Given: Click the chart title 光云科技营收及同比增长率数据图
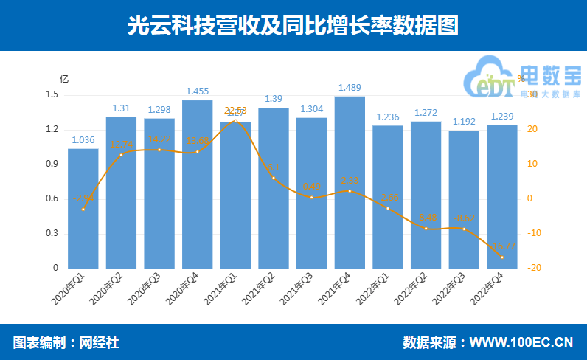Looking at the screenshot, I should coord(293,26).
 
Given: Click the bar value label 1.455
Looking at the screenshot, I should coord(197,91).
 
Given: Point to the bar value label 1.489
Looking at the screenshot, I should coord(350,88).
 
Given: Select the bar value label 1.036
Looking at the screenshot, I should coord(83,140).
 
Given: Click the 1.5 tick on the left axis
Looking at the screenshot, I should coord(52,95).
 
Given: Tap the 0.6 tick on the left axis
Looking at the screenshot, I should coord(52,199).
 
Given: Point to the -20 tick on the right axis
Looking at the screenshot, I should coord(532,269).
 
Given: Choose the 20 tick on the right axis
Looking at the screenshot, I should coord(531,130).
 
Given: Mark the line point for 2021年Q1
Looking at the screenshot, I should coord(235,121).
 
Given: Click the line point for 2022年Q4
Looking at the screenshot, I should coord(502,257).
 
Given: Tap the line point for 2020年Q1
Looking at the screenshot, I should coord(83,209).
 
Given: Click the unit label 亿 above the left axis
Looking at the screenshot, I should coord(63,78).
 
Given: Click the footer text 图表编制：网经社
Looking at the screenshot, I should coord(66,342).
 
